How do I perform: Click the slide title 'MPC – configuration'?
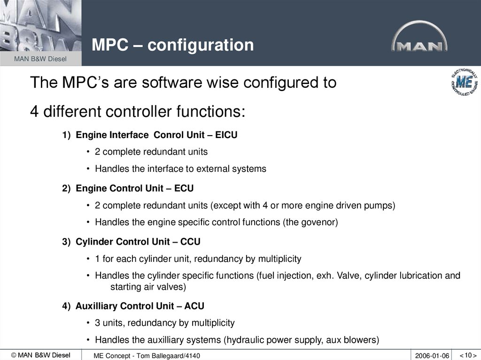[x=172, y=45]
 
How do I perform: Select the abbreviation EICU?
[x=226, y=135]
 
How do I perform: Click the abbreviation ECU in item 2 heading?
[x=184, y=188]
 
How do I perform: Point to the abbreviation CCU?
[x=190, y=242]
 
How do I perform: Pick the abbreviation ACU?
[x=194, y=306]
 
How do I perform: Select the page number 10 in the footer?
[x=467, y=355]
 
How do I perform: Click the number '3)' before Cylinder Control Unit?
[x=66, y=242]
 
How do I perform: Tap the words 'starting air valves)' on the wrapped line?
[x=148, y=286]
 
